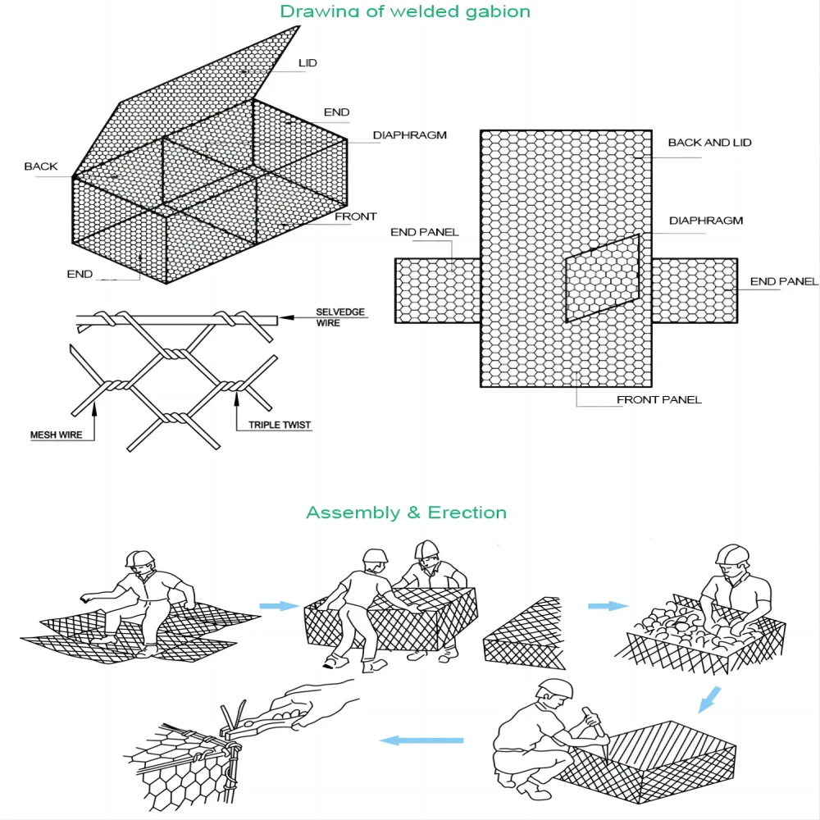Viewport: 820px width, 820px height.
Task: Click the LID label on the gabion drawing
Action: (x=307, y=63)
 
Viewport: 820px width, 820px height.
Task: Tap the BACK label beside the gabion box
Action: (x=41, y=166)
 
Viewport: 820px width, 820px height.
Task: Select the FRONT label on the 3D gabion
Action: (x=356, y=217)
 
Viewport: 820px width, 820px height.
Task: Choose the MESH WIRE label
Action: (x=57, y=435)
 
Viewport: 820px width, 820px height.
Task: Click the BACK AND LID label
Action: (x=709, y=143)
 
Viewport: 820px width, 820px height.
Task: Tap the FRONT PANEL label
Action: (x=658, y=400)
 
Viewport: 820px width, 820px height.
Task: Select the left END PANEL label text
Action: (x=424, y=233)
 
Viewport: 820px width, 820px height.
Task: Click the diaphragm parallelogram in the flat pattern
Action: (x=602, y=279)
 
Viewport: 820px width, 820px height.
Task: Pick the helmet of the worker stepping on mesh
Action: (x=140, y=558)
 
